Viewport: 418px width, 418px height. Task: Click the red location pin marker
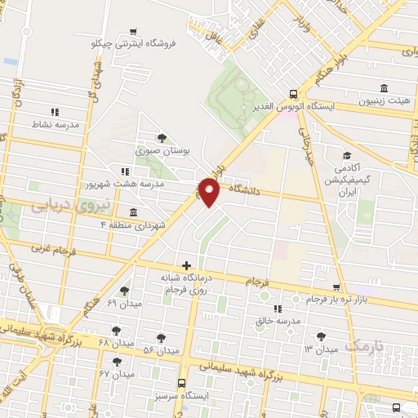[x=210, y=191]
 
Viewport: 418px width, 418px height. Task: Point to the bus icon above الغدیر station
[x=294, y=93]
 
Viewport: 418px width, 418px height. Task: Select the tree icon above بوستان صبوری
[x=162, y=137]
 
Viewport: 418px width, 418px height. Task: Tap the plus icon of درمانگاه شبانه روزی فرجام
[x=188, y=265]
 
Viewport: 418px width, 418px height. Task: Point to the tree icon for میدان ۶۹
[x=124, y=291]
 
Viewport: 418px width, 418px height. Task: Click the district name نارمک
[x=363, y=346]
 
